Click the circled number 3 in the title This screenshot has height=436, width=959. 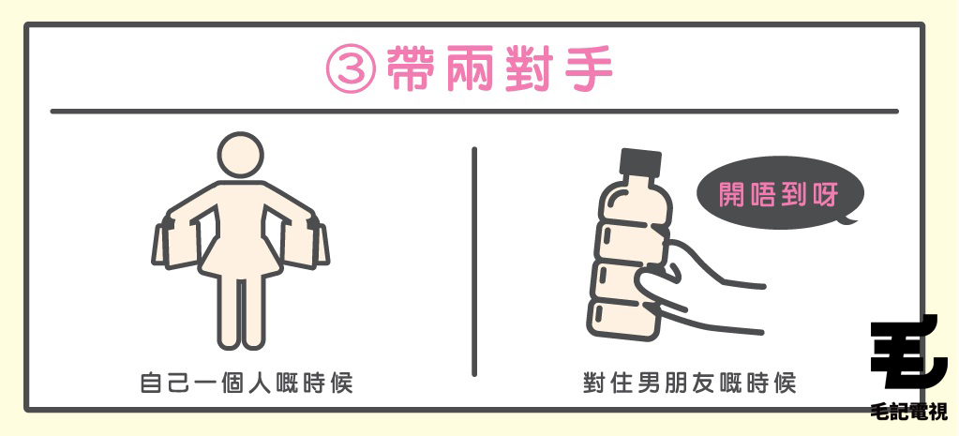click(x=351, y=69)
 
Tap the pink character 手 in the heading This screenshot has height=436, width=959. click(x=585, y=69)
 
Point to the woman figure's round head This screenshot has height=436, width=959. click(x=241, y=154)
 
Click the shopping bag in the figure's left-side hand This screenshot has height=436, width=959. click(x=178, y=245)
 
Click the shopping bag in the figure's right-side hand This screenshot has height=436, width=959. click(x=305, y=245)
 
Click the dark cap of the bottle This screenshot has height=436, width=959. click(x=640, y=162)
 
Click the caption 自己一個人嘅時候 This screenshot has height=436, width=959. click(x=247, y=383)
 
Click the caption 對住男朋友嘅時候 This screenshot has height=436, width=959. click(x=689, y=383)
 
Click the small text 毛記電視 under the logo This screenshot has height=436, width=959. click(x=909, y=411)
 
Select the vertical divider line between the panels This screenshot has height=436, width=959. click(x=474, y=262)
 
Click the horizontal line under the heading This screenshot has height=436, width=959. click(x=474, y=112)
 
